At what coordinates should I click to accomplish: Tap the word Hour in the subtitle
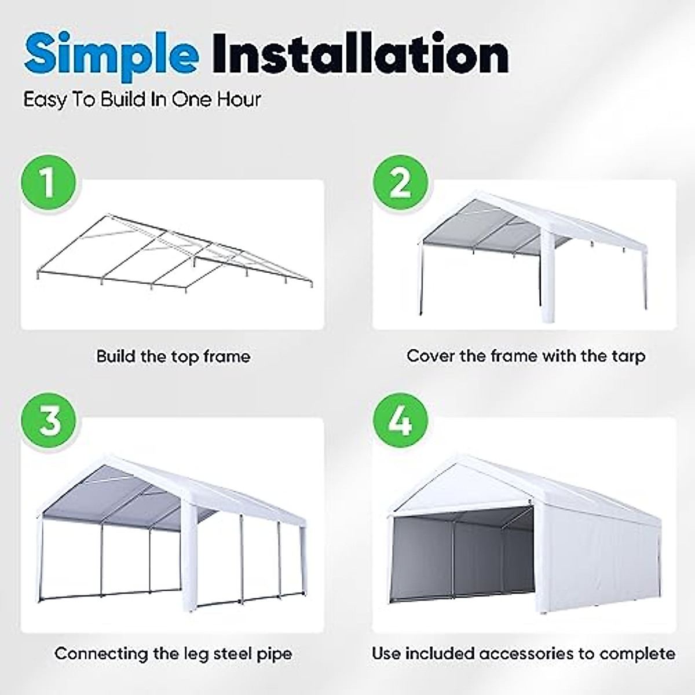point(239,99)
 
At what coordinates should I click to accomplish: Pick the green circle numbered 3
point(49,420)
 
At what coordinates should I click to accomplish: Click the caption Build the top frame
point(173,356)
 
